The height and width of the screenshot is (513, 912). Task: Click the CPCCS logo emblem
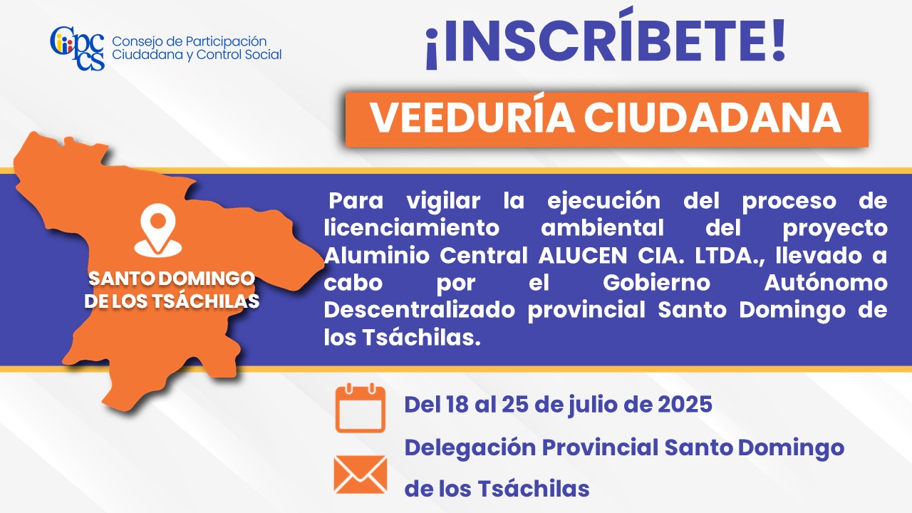pyautogui.click(x=78, y=48)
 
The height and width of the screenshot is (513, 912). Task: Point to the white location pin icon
pyautogui.click(x=158, y=231)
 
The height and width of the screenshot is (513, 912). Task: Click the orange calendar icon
pyautogui.click(x=361, y=408)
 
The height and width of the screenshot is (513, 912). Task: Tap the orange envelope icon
pyautogui.click(x=361, y=475)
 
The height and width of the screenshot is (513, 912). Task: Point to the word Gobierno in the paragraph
pyautogui.click(x=656, y=283)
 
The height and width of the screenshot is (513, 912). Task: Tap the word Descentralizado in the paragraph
pyautogui.click(x=420, y=310)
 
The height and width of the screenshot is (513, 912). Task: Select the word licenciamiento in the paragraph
pyautogui.click(x=412, y=228)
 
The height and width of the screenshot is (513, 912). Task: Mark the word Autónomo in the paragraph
pyautogui.click(x=826, y=283)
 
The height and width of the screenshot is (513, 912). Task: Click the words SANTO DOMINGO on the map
pyautogui.click(x=172, y=279)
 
